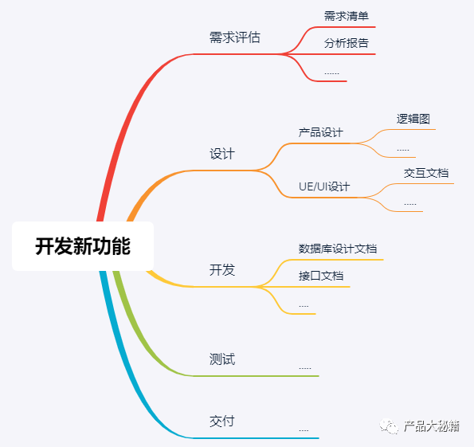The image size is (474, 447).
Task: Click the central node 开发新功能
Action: click(x=83, y=246)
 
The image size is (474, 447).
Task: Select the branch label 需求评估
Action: click(x=235, y=37)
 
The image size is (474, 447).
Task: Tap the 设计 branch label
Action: click(x=222, y=154)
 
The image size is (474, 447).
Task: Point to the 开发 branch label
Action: click(x=222, y=270)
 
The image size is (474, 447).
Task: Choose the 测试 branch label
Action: click(x=222, y=359)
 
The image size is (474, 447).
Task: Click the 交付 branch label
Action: click(x=222, y=421)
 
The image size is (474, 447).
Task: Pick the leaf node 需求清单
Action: click(x=347, y=16)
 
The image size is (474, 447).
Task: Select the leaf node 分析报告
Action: click(x=347, y=43)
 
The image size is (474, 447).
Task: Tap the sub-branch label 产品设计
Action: click(x=321, y=132)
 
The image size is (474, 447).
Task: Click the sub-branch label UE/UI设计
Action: click(x=324, y=186)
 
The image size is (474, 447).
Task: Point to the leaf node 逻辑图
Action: click(x=413, y=119)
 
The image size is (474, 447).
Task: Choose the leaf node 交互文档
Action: click(x=426, y=173)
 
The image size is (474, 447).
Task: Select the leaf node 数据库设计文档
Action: click(x=338, y=249)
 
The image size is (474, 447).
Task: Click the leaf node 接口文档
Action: click(x=321, y=276)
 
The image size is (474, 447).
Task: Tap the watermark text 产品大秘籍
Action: click(x=432, y=426)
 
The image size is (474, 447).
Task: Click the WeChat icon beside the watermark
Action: click(x=389, y=426)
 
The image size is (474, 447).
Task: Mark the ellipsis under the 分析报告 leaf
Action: click(x=331, y=73)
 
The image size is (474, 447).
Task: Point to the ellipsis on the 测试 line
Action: click(x=304, y=368)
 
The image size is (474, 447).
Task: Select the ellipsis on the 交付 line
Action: click(x=304, y=430)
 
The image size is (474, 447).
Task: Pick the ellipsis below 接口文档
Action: click(x=304, y=307)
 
